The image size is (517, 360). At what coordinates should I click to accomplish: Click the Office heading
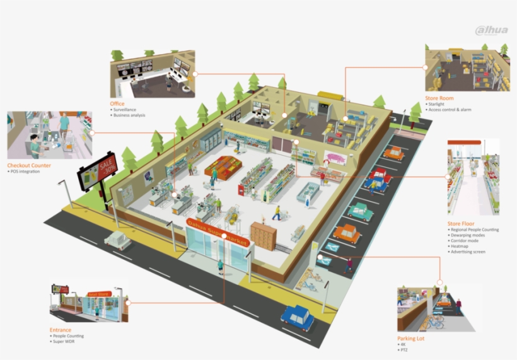(117, 103)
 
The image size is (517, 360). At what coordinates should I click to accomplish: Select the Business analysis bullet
(129, 115)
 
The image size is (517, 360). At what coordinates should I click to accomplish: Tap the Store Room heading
(439, 98)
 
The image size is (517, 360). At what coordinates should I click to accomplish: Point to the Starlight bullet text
(436, 104)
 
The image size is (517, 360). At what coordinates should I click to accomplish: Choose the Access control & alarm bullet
(450, 110)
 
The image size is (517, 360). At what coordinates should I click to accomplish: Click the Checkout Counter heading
(29, 165)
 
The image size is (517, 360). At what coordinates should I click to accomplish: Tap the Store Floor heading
(462, 223)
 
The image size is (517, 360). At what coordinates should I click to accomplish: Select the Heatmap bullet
(460, 247)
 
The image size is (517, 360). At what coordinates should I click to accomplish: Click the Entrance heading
(61, 330)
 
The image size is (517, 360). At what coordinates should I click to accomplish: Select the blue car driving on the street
(298, 316)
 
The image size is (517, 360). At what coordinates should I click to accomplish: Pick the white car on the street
(118, 240)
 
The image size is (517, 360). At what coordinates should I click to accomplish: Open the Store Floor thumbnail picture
(473, 177)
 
